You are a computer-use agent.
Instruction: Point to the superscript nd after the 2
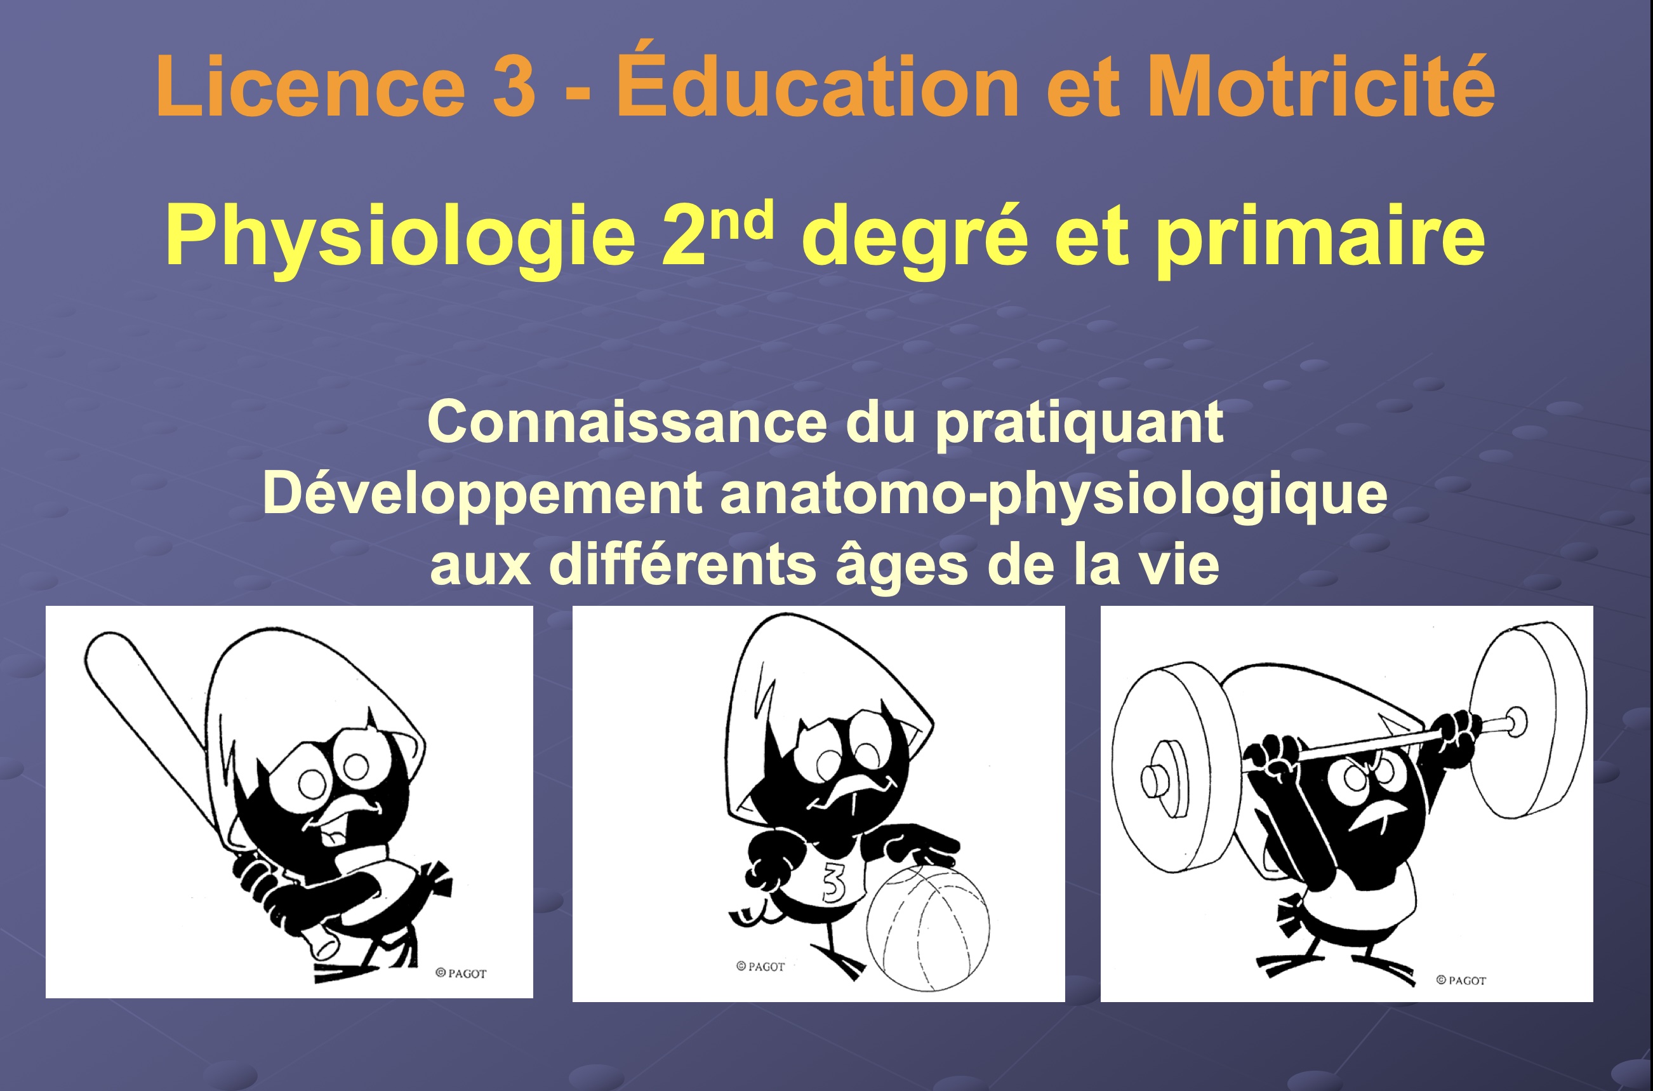pos(743,220)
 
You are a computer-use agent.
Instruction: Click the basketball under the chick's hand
pos(927,928)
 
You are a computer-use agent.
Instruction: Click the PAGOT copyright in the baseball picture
pos(461,974)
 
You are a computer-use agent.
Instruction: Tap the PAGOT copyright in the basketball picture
pos(760,967)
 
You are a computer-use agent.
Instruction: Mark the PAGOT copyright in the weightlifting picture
pos(1461,981)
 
